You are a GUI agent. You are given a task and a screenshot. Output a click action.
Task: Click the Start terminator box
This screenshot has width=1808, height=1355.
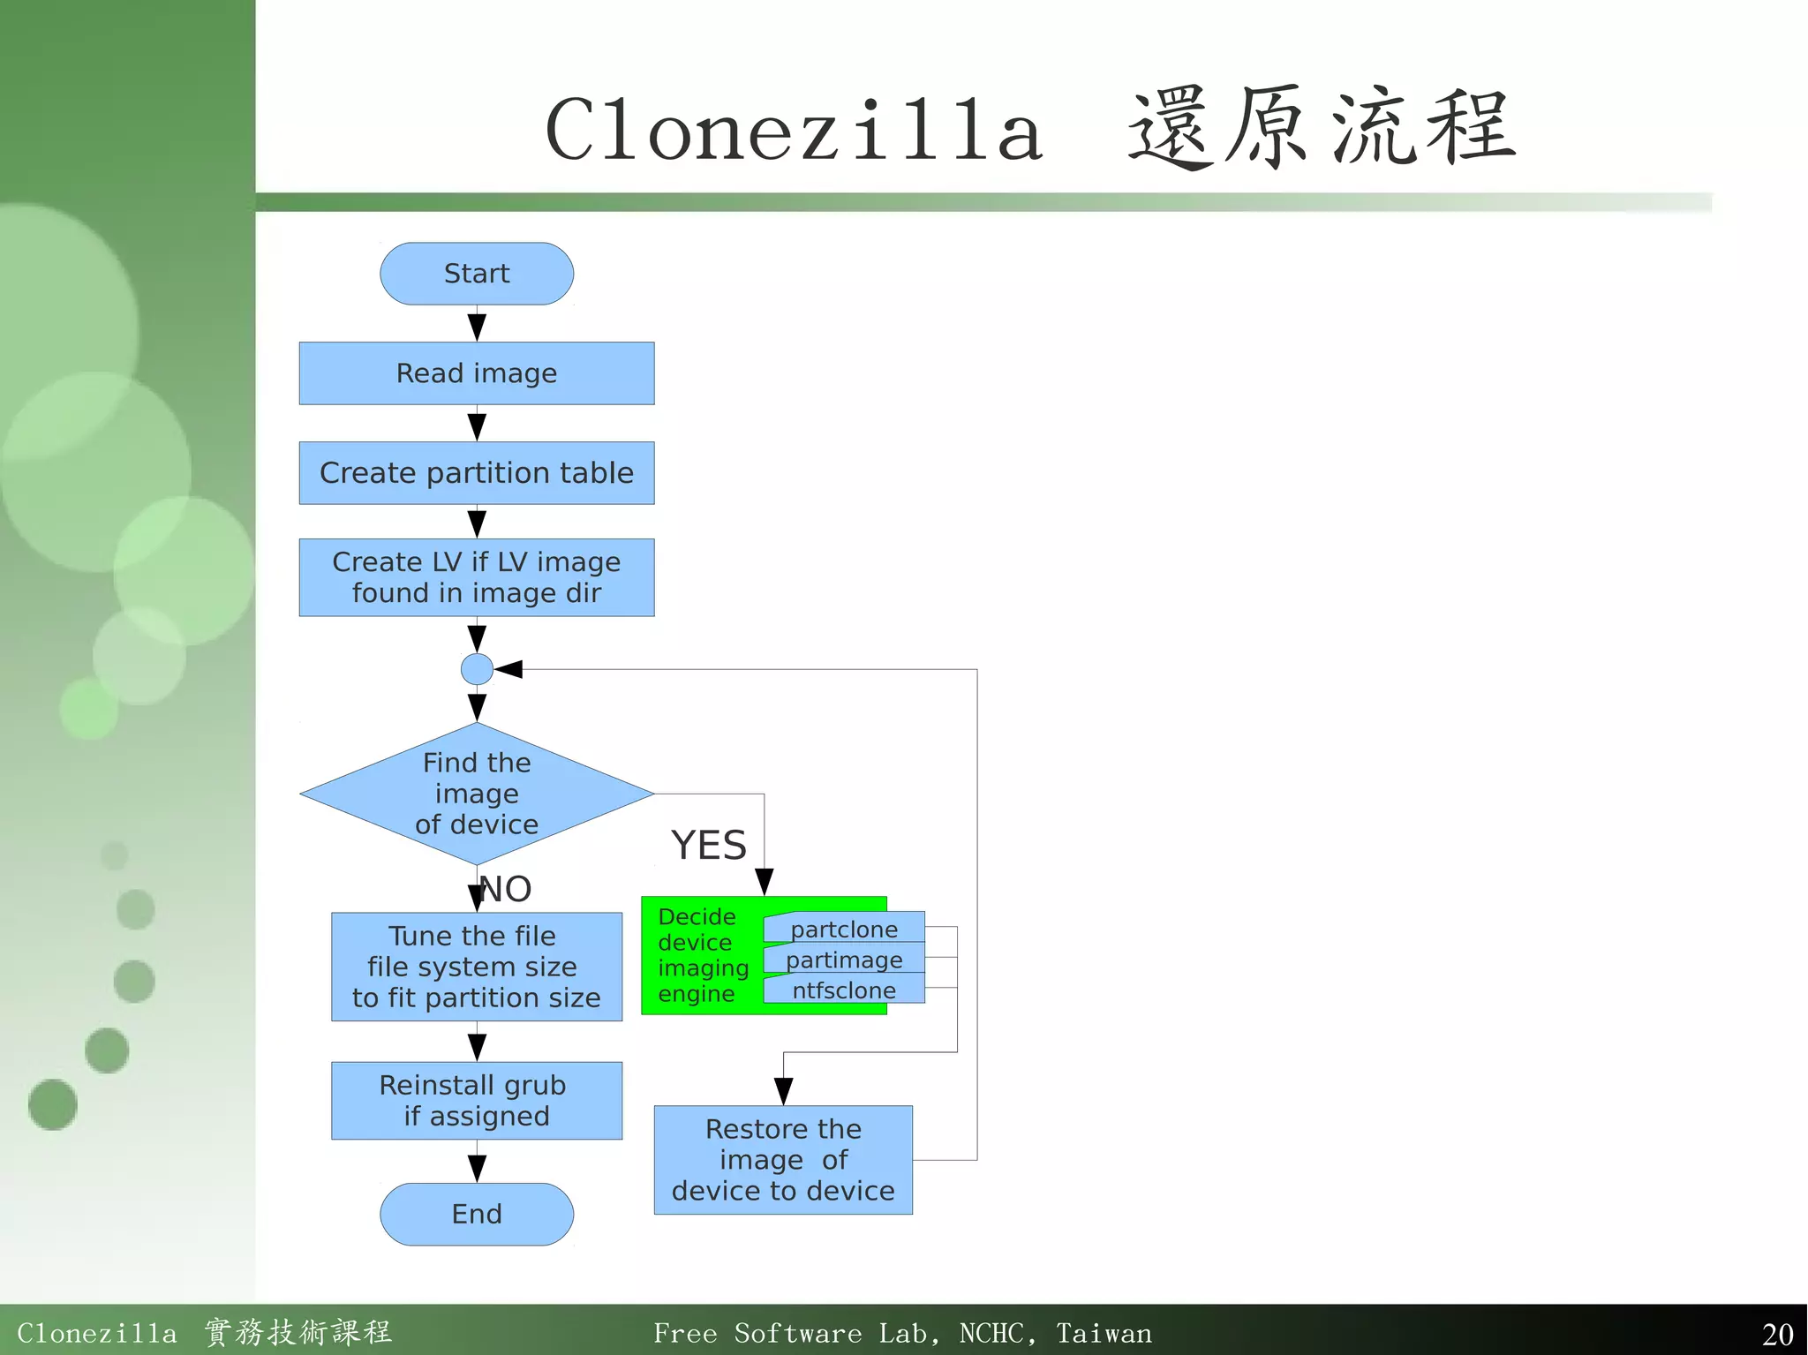tap(477, 274)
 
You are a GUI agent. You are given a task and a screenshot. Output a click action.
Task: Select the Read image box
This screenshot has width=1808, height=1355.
tap(477, 373)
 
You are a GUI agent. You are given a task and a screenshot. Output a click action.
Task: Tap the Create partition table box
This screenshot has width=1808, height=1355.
tap(477, 473)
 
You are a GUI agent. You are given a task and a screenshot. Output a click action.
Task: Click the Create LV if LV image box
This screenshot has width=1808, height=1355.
tap(477, 577)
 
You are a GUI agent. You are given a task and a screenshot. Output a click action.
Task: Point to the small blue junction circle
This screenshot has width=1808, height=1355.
tap(477, 669)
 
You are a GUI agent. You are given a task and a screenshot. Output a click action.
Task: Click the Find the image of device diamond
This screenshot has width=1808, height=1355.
tap(477, 794)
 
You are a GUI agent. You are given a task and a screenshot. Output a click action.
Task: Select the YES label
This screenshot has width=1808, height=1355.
tap(709, 846)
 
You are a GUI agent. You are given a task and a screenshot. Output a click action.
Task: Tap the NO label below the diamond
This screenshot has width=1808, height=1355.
tap(507, 889)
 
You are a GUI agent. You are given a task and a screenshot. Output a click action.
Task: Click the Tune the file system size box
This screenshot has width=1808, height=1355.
tap(477, 967)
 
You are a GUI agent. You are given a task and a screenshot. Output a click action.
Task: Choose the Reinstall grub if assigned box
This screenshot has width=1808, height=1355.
tap(477, 1101)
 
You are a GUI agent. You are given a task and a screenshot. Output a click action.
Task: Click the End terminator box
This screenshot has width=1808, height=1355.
tap(477, 1215)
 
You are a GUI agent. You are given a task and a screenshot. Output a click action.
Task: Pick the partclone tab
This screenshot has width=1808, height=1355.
tap(844, 929)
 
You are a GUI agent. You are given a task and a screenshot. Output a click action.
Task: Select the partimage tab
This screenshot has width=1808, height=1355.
tap(844, 960)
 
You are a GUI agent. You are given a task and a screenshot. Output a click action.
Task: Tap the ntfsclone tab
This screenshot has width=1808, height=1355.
tap(844, 990)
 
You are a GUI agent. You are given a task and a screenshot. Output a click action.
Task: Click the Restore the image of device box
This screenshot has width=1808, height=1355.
tap(783, 1160)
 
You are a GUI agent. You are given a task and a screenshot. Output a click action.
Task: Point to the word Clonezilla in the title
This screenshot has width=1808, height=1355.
tap(795, 131)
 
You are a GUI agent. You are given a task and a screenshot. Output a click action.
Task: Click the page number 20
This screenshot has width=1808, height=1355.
tap(1777, 1334)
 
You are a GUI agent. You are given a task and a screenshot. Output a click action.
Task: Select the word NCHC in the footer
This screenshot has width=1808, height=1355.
tap(992, 1333)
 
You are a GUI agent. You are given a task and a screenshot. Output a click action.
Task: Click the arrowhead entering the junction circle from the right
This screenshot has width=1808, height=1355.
tap(509, 670)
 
